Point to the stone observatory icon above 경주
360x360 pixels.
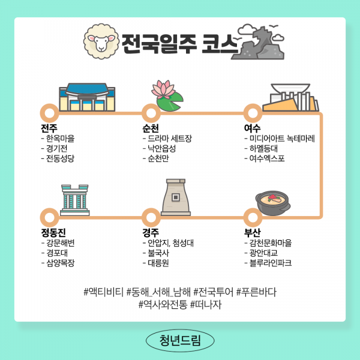coord(176,197)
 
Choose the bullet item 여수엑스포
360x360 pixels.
coord(267,159)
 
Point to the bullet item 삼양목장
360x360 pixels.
coord(61,263)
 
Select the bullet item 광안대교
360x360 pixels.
coord(265,253)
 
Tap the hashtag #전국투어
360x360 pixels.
coord(213,292)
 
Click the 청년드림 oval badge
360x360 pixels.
coord(180,340)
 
